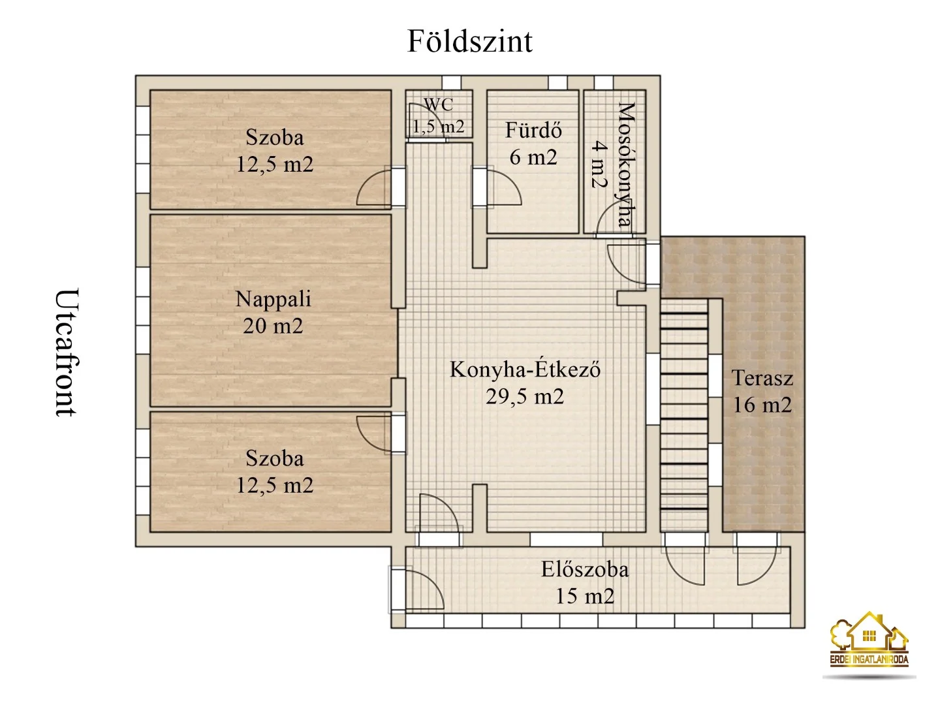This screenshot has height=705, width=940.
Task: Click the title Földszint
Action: coord(469,41)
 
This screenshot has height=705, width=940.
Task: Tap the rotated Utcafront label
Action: coord(66,352)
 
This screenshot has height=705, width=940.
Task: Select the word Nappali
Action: coord(273,299)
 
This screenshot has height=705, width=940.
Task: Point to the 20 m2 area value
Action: coord(273,326)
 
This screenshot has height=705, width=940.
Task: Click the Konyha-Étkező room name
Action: coord(525,369)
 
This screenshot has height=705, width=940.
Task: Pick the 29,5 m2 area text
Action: coord(525,396)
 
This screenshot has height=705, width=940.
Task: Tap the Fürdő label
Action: coord(533,131)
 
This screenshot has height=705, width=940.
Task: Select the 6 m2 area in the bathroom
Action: coord(533,157)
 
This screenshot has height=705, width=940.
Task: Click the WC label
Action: coord(438,104)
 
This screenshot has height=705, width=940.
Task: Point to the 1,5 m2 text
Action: coord(438,126)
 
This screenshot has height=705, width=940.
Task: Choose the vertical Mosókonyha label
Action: coord(626,164)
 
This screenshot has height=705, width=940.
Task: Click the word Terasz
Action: coord(762,378)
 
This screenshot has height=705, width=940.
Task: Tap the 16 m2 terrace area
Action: coord(762,405)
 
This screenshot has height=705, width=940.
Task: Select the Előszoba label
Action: coord(585,569)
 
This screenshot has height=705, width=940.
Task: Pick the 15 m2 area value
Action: coord(585,596)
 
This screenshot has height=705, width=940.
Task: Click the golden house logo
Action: coord(869,640)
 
